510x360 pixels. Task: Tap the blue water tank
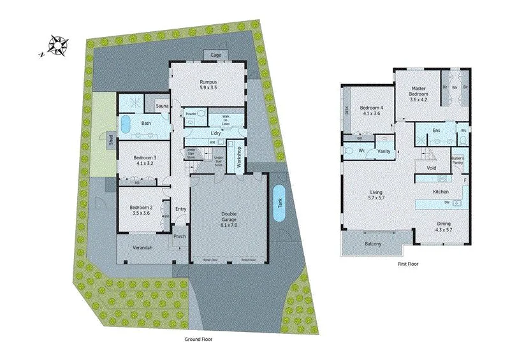click(279, 203)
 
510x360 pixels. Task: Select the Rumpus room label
click(208, 85)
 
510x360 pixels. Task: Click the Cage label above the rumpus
click(216, 55)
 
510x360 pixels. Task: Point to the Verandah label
click(142, 247)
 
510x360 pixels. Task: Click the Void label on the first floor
click(431, 168)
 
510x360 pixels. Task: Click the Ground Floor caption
click(198, 340)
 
